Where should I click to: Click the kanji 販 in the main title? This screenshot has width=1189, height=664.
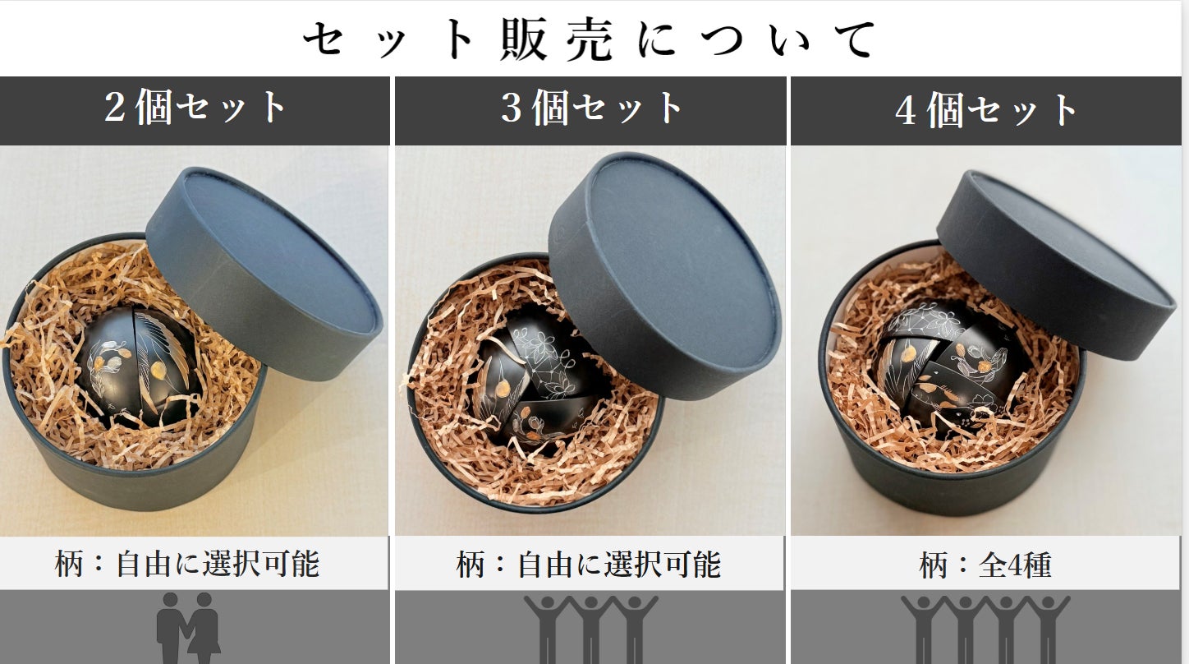[523, 39]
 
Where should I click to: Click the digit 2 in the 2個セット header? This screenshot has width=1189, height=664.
[115, 107]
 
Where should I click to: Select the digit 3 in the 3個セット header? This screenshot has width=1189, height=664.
[512, 108]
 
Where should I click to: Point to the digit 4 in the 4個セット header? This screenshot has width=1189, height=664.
[906, 110]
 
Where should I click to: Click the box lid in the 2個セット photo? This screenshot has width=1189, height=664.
[264, 274]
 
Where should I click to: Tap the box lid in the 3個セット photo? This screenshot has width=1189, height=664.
[664, 275]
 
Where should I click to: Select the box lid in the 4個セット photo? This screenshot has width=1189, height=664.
[1055, 265]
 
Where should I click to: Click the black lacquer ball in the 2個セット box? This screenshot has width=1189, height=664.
[139, 367]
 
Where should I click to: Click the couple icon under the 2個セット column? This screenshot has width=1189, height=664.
[188, 629]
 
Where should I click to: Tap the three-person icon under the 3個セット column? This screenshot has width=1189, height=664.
[590, 629]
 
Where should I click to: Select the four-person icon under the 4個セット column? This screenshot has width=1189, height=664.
[985, 629]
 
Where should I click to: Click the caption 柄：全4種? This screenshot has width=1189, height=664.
[985, 564]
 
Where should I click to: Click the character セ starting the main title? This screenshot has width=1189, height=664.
[323, 39]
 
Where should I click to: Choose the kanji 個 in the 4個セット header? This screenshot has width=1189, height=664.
[945, 110]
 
